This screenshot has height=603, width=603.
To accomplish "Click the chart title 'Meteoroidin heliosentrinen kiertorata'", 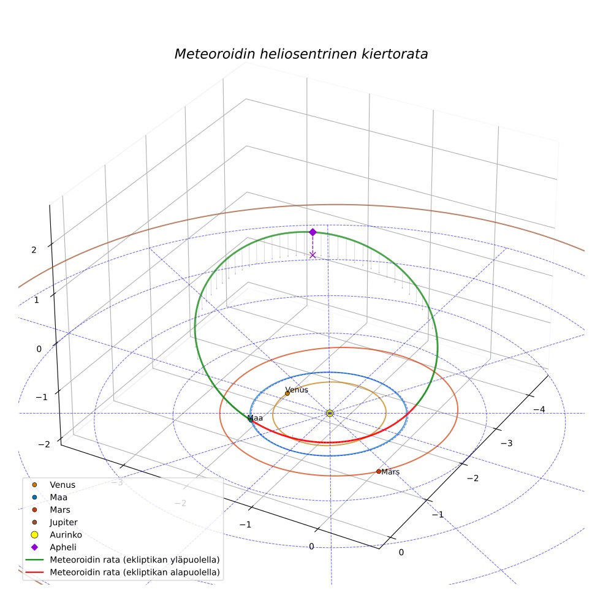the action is pyautogui.click(x=301, y=54).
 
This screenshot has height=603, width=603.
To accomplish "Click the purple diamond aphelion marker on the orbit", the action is pyautogui.click(x=313, y=232).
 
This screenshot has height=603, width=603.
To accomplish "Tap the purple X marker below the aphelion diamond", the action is pyautogui.click(x=313, y=255).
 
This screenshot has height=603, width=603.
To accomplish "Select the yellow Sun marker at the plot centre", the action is pyautogui.click(x=330, y=413).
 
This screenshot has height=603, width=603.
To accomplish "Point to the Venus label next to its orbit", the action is pyautogui.click(x=297, y=390).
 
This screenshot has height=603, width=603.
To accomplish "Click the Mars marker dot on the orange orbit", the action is pyautogui.click(x=379, y=471).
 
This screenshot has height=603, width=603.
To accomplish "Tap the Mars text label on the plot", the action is pyautogui.click(x=390, y=472).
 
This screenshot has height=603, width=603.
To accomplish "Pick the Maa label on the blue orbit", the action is pyautogui.click(x=256, y=418).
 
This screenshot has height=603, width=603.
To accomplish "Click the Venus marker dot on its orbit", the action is pyautogui.click(x=287, y=393).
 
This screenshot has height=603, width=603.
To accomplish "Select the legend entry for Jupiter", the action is pyautogui.click(x=64, y=522).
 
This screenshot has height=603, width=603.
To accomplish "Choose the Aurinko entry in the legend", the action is pyautogui.click(x=66, y=534).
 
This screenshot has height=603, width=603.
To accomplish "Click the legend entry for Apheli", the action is pyautogui.click(x=63, y=547).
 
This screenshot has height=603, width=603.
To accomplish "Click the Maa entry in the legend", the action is pyautogui.click(x=58, y=497).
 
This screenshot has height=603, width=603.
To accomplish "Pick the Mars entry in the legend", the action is pyautogui.click(x=60, y=510).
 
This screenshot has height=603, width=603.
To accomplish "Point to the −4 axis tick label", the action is pyautogui.click(x=539, y=409).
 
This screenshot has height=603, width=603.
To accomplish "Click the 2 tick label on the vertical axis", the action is pyautogui.click(x=34, y=250).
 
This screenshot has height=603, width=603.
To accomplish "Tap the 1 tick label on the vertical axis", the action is pyautogui.click(x=37, y=300).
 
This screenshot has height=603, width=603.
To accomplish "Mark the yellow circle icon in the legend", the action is pyautogui.click(x=34, y=534).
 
